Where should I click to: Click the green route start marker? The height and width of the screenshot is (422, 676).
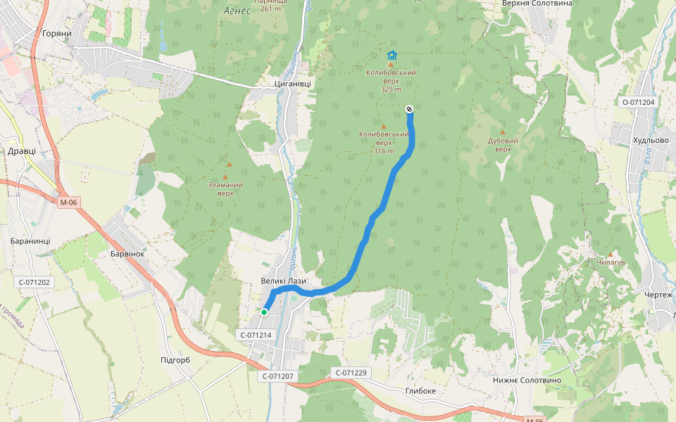coord(264,312)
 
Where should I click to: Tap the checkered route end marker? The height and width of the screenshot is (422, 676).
coord(409,108)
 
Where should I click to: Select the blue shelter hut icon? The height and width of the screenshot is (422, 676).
coord(392,55)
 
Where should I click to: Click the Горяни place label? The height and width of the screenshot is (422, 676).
coord(57,34)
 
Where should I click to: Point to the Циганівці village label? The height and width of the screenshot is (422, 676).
coord(292,84)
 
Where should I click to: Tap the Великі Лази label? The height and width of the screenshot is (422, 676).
coord(283,281)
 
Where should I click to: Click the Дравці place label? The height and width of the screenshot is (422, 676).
coord(21,151)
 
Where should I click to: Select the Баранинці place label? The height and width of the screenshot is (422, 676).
coord(30,241)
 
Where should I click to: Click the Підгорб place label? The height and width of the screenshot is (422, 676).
coord(175,360)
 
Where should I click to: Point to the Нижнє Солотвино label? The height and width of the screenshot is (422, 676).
coord(537,381)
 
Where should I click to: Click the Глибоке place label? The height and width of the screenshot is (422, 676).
coord(420,391)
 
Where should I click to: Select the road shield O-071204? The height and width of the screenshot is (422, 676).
coord(638,102)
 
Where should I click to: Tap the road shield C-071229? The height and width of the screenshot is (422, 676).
coord(351,373)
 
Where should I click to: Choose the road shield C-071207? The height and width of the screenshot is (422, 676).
coord(278,376)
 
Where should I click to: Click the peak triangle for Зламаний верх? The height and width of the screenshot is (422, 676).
coord(225,177)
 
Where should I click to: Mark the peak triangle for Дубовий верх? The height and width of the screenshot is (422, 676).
coord(503,132)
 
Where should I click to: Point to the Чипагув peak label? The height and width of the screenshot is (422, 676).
coord(611,262)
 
